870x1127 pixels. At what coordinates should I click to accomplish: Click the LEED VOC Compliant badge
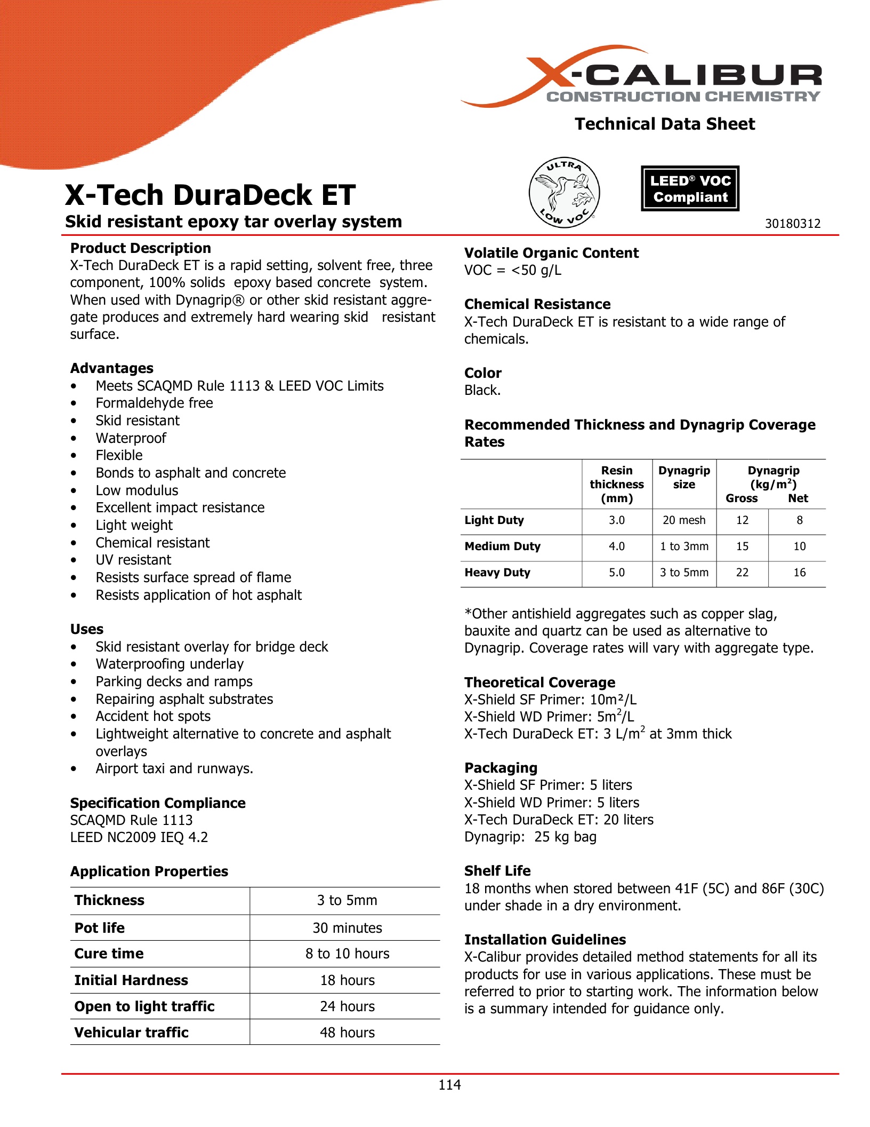pyautogui.click(x=690, y=188)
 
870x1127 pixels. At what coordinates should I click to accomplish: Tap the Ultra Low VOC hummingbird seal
pyautogui.click(x=564, y=193)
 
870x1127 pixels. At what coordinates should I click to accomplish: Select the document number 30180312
pyautogui.click(x=793, y=224)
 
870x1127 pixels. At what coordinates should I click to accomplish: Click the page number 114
pyautogui.click(x=449, y=1084)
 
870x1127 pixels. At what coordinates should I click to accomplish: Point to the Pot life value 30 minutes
pyautogui.click(x=347, y=928)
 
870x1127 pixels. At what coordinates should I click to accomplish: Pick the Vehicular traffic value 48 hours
pyautogui.click(x=347, y=1033)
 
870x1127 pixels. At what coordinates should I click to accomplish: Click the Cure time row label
pyautogui.click(x=109, y=954)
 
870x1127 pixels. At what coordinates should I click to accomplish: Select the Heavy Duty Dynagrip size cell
pyautogui.click(x=684, y=573)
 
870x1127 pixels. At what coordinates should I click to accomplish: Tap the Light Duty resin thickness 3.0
pyautogui.click(x=617, y=520)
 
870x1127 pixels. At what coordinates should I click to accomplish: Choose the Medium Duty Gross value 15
pyautogui.click(x=742, y=546)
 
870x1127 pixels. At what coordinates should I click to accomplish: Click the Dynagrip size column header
pyautogui.click(x=684, y=478)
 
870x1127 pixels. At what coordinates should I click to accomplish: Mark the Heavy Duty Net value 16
pyautogui.click(x=799, y=573)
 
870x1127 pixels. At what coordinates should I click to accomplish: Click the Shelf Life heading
pyautogui.click(x=497, y=871)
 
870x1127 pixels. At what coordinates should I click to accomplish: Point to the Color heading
pyautogui.click(x=483, y=373)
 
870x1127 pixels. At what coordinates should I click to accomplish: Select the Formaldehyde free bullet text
pyautogui.click(x=154, y=403)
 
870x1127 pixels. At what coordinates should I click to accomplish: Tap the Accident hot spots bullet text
pyautogui.click(x=153, y=716)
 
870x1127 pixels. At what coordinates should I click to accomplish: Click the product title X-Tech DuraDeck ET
pyautogui.click(x=210, y=195)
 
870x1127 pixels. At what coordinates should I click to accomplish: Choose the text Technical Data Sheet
pyautogui.click(x=665, y=124)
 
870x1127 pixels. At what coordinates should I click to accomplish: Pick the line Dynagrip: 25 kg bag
pyautogui.click(x=530, y=837)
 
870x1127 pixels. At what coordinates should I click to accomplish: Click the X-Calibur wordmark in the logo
pyautogui.click(x=693, y=76)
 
